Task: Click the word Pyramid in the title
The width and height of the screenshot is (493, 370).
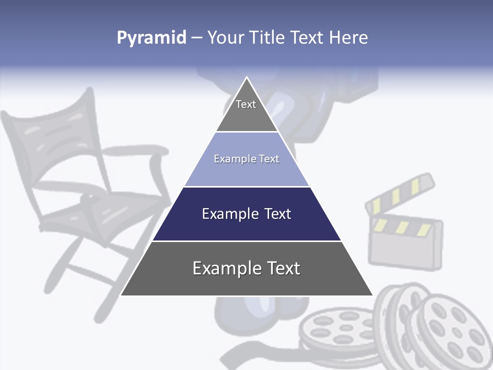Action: [151, 38]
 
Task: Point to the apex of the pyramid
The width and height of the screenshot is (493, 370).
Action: [246, 78]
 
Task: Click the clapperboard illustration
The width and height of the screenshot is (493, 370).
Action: [406, 236]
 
